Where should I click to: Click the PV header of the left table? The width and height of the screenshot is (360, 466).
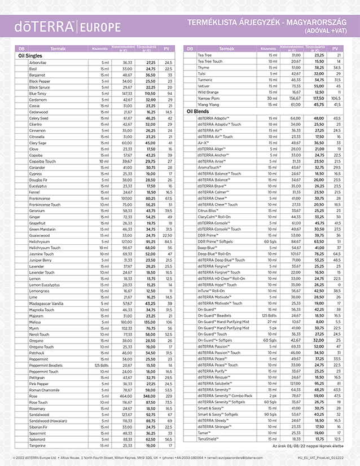(x=166, y=49)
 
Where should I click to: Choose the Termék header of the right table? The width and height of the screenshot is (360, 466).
(x=227, y=49)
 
